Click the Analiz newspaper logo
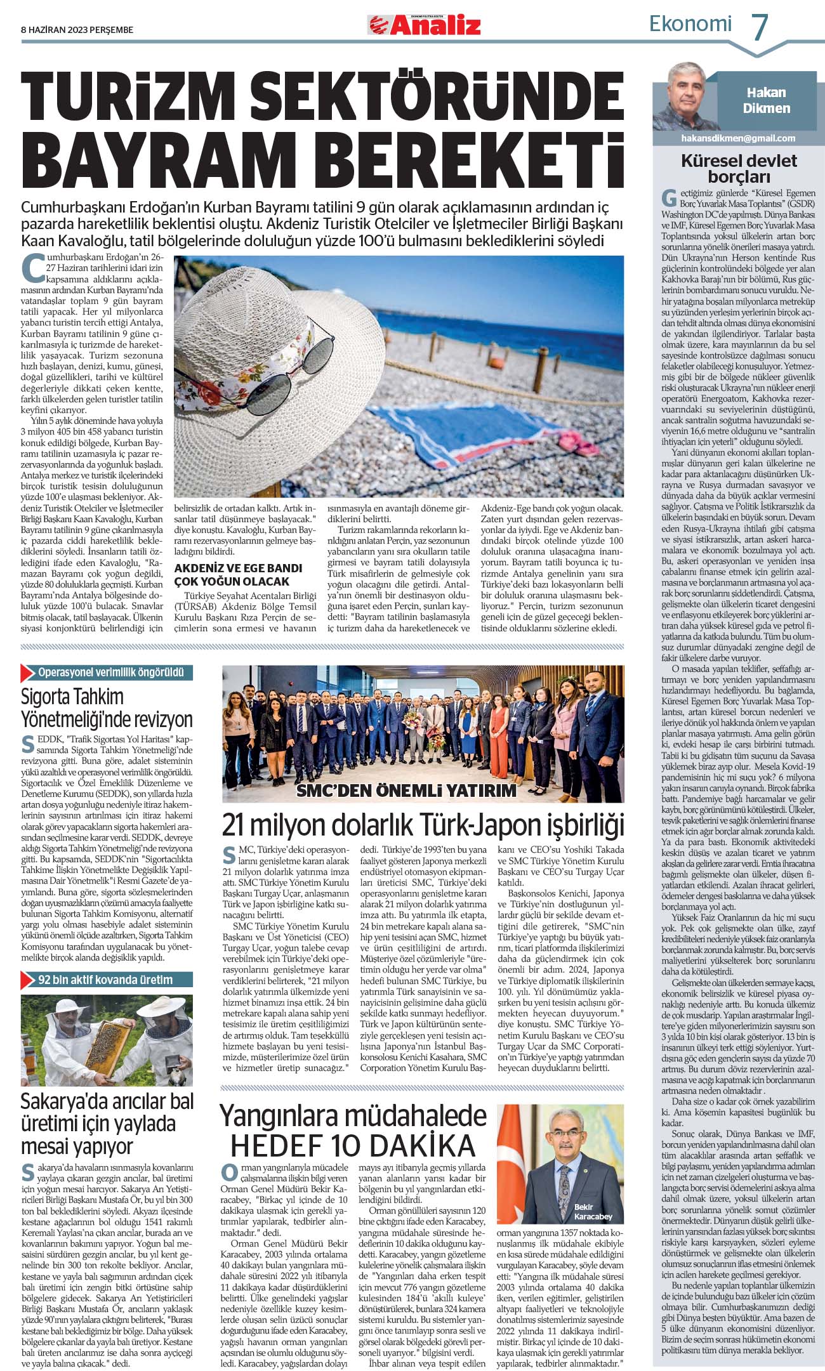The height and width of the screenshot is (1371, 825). [x=424, y=25]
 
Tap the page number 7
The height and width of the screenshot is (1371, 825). [x=760, y=27]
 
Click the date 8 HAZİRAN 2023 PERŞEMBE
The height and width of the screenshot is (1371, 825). [x=77, y=30]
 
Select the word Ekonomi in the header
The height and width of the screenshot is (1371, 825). [x=690, y=24]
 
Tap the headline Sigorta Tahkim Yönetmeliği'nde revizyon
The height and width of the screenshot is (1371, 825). [x=107, y=708]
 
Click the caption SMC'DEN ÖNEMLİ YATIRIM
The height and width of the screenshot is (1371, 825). [x=407, y=790]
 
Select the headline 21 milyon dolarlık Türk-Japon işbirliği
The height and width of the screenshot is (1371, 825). [x=423, y=825]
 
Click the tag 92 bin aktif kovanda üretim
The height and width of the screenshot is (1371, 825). [x=105, y=980]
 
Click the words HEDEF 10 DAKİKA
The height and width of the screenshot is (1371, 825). [x=353, y=1145]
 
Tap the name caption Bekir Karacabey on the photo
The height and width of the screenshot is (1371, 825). [x=593, y=1211]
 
